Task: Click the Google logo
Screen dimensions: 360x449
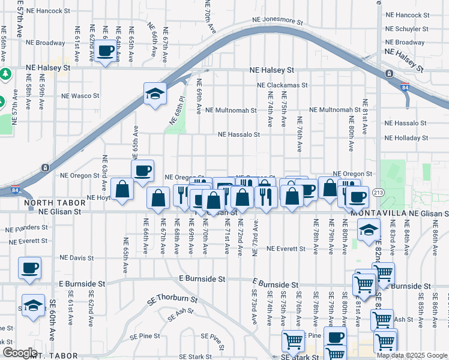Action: pos(20,353)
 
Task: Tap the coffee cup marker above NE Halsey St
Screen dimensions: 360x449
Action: pos(106,52)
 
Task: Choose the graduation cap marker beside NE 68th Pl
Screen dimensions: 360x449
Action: pos(155,94)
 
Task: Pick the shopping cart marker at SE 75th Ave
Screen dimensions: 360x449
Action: pos(292,342)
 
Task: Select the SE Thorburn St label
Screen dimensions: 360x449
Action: pos(174,298)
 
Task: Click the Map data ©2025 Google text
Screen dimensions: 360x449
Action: pos(412,355)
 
